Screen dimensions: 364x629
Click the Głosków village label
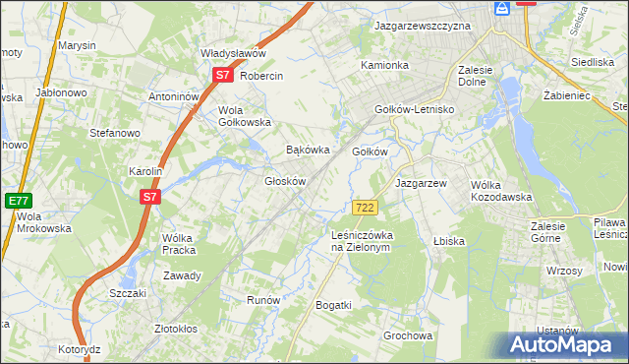(286, 181)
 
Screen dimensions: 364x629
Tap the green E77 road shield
(18, 200)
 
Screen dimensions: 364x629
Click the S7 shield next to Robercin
(222, 75)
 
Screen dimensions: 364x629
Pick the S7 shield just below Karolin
(149, 197)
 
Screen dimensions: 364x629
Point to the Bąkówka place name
(306, 151)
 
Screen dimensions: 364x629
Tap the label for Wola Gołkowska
(244, 116)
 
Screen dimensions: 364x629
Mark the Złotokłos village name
(177, 329)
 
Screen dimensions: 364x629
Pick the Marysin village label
(77, 45)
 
